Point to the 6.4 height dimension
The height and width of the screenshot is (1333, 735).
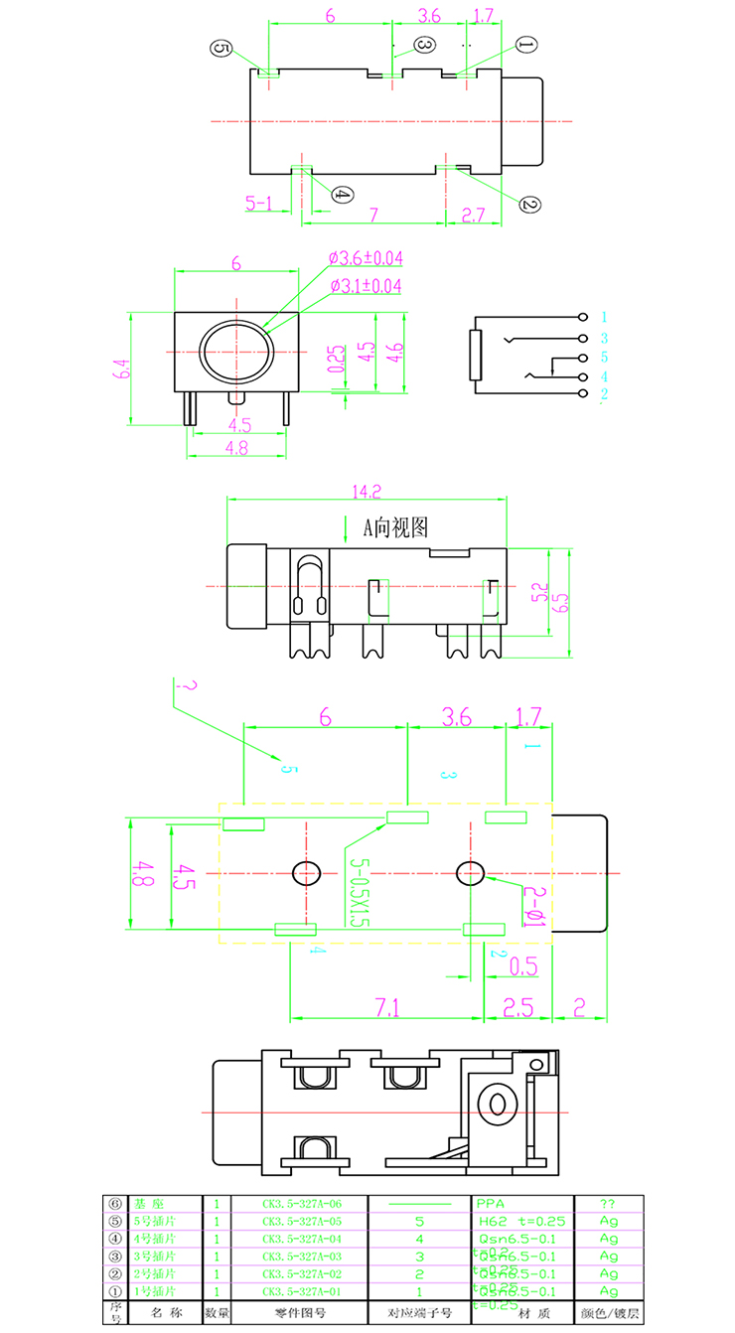pos(122,369)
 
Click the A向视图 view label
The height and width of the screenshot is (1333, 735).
pos(396,527)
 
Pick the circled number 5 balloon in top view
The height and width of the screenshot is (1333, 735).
pos(220,49)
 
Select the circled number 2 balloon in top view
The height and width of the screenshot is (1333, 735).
pos(528,204)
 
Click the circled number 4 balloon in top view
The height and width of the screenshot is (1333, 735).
pos(341,195)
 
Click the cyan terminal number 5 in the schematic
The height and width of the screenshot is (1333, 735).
pos(603,358)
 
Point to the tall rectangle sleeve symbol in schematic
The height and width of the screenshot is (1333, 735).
pos(475,356)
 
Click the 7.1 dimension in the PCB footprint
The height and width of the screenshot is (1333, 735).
pos(387,1007)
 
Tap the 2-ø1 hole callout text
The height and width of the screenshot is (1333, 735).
pos(532,907)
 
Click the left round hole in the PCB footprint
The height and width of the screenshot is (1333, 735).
pos(306,872)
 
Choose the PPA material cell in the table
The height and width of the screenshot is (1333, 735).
pos(491,1203)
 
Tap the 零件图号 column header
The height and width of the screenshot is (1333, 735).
pos(299,1312)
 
